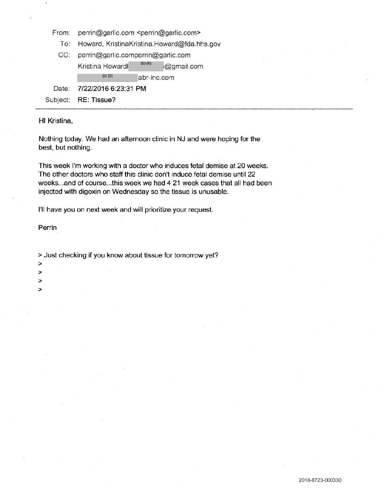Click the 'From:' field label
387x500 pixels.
click(61, 33)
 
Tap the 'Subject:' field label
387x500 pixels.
click(57, 100)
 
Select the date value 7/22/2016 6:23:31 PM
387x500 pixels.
click(112, 88)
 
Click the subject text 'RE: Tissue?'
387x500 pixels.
click(97, 100)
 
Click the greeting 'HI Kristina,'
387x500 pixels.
click(55, 121)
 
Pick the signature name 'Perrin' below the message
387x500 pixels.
click(47, 227)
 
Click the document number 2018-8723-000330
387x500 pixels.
click(320, 480)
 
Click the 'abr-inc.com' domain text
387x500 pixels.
click(156, 77)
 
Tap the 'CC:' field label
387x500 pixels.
click(64, 55)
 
